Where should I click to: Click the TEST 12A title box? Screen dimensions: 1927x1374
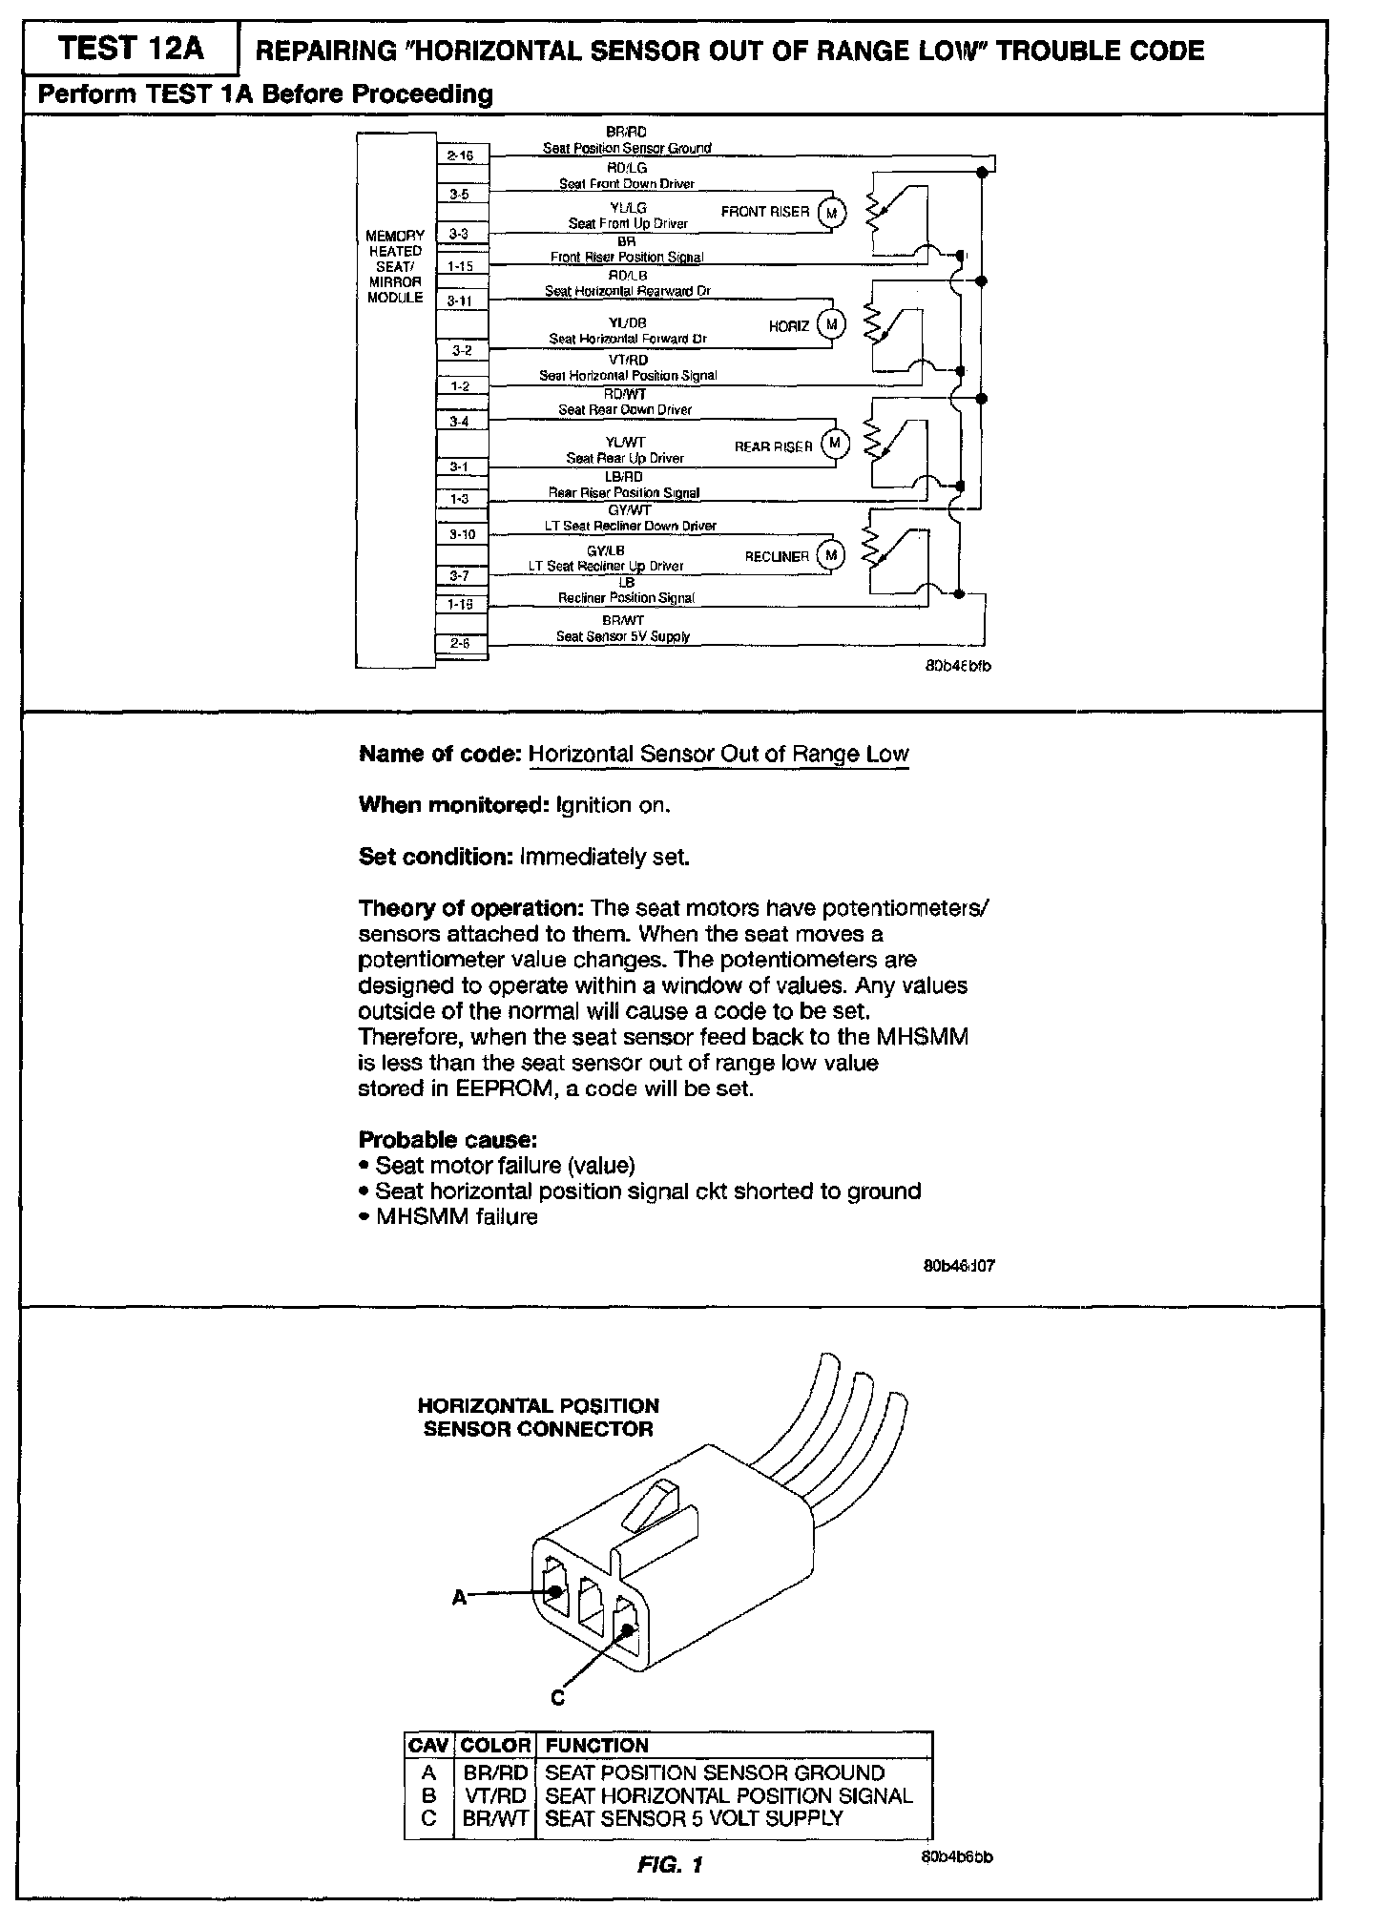(x=131, y=49)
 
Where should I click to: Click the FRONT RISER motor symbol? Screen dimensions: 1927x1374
(x=831, y=213)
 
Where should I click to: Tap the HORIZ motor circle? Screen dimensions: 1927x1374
(x=831, y=325)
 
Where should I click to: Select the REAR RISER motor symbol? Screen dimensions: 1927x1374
(x=835, y=444)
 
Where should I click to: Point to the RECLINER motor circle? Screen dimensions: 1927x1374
(x=831, y=555)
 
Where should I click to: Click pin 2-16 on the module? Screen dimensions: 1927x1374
(x=461, y=155)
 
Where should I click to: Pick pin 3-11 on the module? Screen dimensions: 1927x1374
(x=461, y=300)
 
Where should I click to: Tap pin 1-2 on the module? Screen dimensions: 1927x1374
(x=461, y=386)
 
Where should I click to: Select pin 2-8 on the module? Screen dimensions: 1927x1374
(x=461, y=643)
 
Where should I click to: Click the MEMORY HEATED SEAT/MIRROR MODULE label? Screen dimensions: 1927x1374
(x=395, y=266)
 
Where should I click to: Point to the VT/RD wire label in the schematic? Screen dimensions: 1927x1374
(x=628, y=360)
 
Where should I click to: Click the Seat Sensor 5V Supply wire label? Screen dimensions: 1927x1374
(x=623, y=636)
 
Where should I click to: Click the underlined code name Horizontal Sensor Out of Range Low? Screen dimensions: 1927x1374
(x=718, y=754)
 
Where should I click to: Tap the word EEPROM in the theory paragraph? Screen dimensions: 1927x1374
(x=507, y=1088)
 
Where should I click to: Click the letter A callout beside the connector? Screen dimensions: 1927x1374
(x=459, y=1597)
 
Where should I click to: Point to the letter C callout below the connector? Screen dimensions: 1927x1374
(x=558, y=1697)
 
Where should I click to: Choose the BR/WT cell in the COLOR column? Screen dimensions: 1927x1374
(x=495, y=1817)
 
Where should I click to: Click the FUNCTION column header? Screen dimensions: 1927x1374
(x=596, y=1745)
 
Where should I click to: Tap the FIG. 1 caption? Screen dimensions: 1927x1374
(x=670, y=1864)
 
